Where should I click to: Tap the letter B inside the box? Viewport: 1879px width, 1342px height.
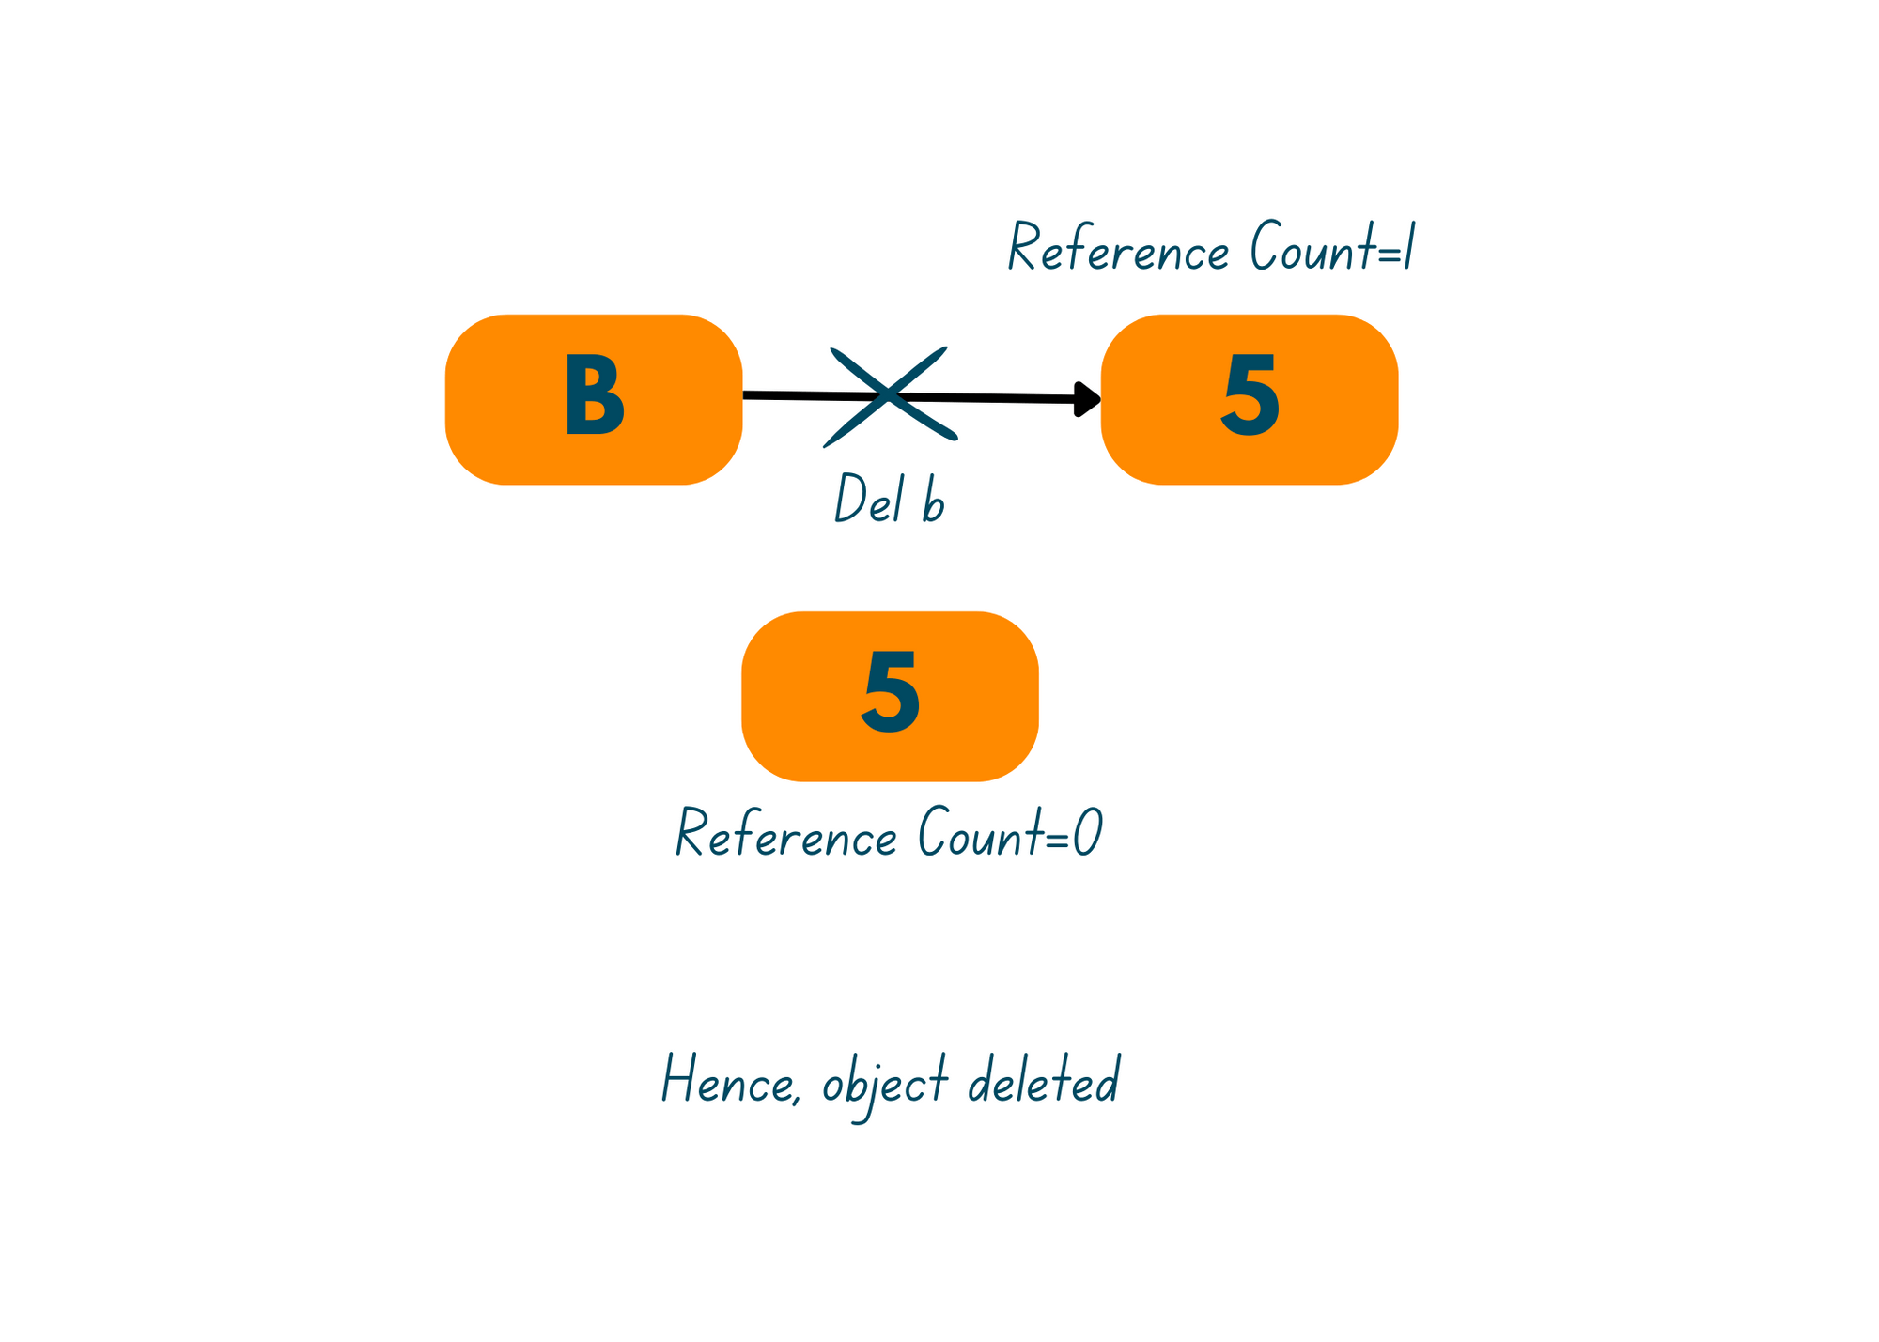[594, 397]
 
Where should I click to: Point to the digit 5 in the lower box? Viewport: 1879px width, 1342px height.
[891, 694]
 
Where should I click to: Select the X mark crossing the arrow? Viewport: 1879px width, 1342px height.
[889, 395]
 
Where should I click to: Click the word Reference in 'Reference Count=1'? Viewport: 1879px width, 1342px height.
[1118, 249]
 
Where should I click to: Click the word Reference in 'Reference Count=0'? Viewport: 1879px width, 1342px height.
[786, 834]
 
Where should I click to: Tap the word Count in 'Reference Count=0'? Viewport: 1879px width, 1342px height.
[981, 832]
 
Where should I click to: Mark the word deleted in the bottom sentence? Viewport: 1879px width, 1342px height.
[1044, 1080]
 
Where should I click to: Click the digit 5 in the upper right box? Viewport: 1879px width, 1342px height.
[1250, 397]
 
